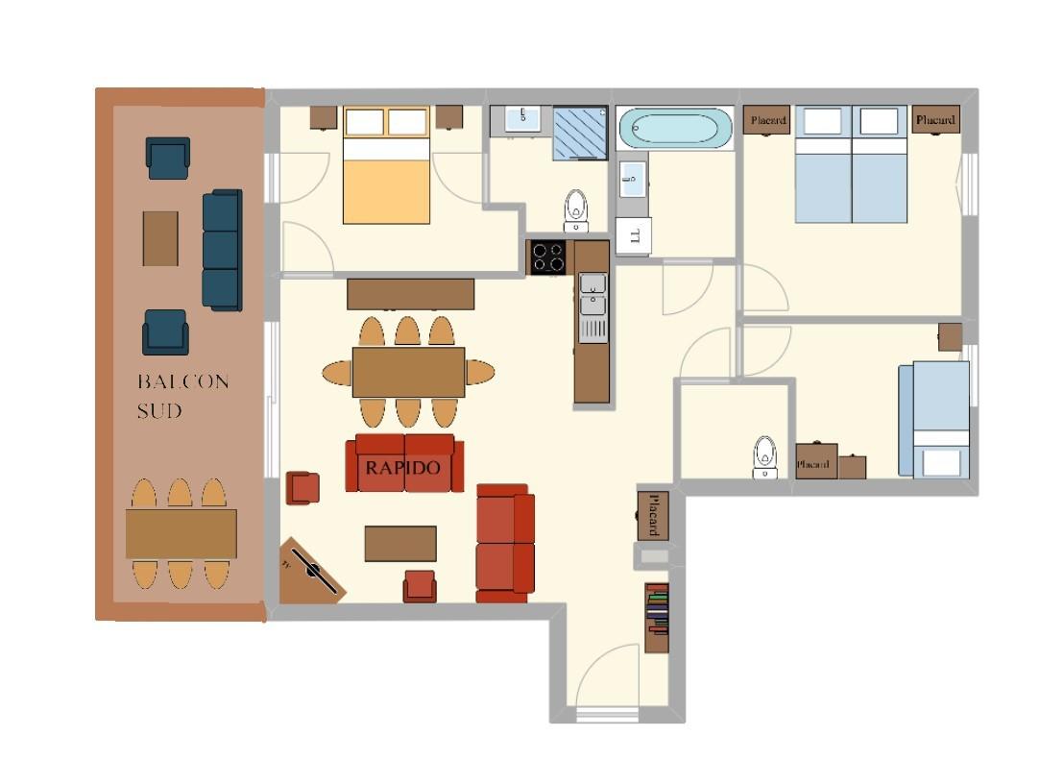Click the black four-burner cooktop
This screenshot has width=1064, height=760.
point(548,257)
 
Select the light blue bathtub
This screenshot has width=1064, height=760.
point(675,128)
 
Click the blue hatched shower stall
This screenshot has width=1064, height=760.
point(580,134)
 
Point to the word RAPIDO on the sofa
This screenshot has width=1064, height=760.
point(403,468)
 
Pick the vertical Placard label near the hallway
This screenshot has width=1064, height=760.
point(652,514)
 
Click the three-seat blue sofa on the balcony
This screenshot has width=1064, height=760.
point(222,250)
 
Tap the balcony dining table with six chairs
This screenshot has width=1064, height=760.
point(181,534)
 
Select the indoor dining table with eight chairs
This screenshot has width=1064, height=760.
point(408,372)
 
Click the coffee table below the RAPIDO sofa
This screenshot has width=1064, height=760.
point(400,543)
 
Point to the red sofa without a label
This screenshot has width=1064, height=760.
point(505,543)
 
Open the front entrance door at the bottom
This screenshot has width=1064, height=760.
point(607,677)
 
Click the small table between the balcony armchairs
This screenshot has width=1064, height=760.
point(160,238)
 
